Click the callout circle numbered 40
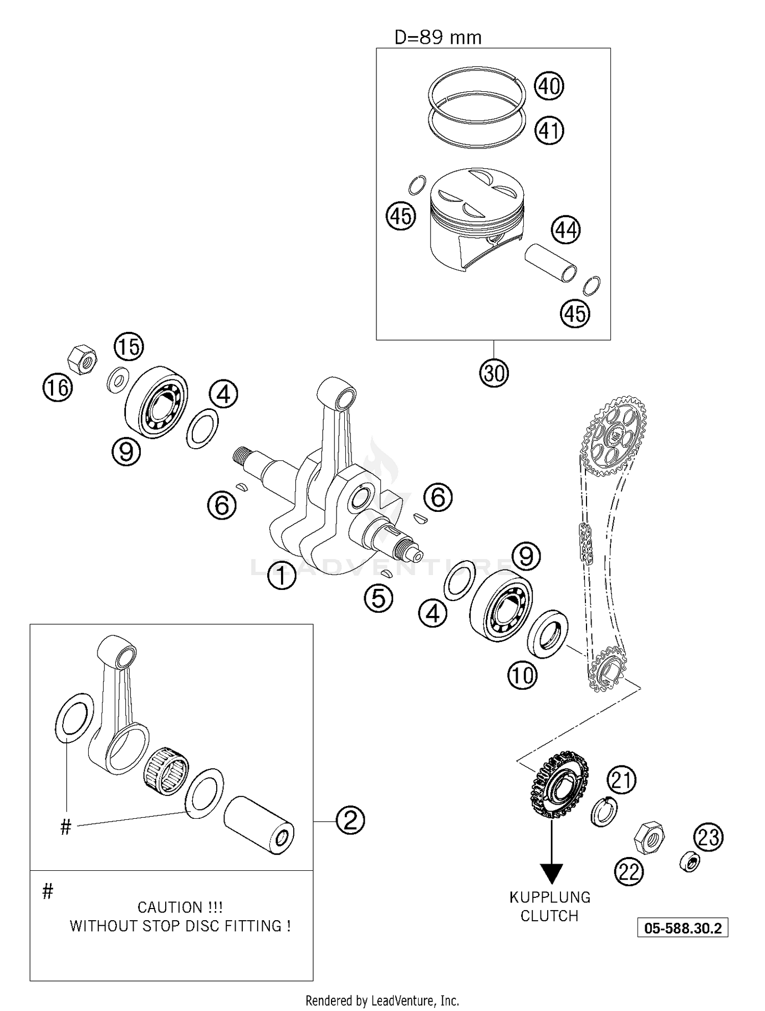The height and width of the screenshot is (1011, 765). pos(549,86)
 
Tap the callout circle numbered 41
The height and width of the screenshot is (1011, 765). pos(549,131)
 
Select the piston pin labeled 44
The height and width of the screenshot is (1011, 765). pos(551,262)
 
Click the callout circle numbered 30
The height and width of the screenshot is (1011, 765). pos(494,373)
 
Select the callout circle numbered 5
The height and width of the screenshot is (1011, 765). pos(378,598)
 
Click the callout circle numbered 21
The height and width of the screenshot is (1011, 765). pos(621,780)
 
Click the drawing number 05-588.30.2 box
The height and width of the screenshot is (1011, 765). pos(682,928)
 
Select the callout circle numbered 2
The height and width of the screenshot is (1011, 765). pos(350,820)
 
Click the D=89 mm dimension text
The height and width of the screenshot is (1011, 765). pos(438,38)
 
